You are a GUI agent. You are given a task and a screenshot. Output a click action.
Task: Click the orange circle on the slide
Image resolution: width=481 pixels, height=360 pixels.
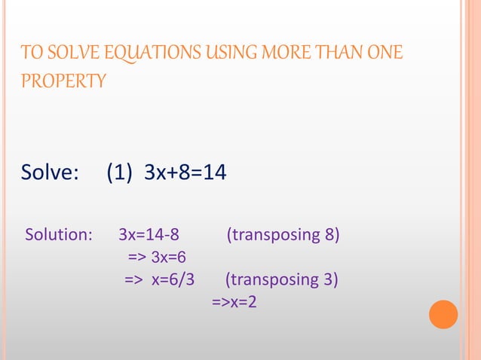[443, 314]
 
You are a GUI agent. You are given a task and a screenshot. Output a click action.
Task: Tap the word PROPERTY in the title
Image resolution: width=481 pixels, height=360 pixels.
[63, 81]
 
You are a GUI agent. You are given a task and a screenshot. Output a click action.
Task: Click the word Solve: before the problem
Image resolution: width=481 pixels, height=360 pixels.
[50, 174]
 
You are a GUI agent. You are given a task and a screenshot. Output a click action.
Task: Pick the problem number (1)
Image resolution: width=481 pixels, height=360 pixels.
[121, 174]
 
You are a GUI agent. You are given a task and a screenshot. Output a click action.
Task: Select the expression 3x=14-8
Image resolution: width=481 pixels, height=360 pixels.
[149, 235]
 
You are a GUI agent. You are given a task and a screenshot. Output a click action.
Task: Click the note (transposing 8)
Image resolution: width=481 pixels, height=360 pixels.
[283, 235]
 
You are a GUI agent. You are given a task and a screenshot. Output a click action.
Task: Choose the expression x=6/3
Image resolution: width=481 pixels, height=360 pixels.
[173, 281]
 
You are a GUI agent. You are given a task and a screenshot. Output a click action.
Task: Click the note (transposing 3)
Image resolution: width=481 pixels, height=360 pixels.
[281, 281]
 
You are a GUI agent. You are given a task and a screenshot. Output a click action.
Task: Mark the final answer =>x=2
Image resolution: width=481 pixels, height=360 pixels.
[234, 304]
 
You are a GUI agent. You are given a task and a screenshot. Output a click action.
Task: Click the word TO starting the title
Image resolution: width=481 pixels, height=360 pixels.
[29, 53]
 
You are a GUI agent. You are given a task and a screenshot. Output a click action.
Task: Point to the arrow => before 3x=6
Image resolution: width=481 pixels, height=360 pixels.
[137, 258]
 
